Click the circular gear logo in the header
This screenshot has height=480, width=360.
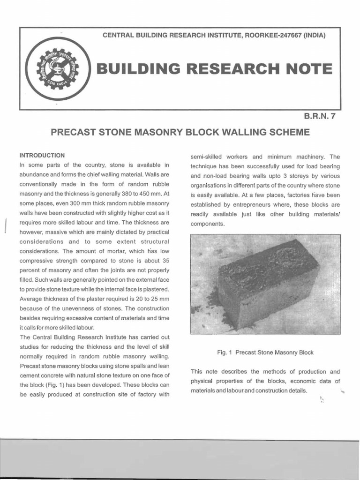[57, 69]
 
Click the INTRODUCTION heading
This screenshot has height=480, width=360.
[42, 155]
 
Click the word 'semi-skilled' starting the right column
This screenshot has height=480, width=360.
[206, 157]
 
